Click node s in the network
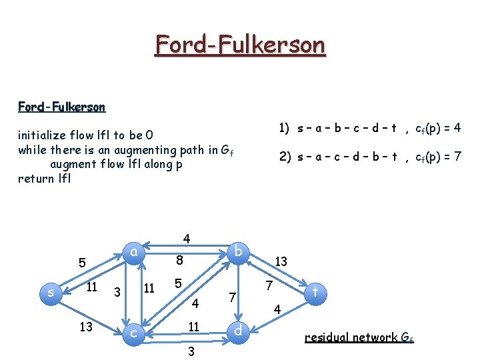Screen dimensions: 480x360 (x=50, y=292)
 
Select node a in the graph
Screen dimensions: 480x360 (x=134, y=252)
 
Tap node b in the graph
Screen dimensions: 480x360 (x=239, y=251)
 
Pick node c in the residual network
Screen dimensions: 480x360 (x=134, y=331)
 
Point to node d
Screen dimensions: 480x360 (x=239, y=331)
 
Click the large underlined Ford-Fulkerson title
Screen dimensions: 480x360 (x=240, y=45)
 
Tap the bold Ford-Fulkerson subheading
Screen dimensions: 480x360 (x=61, y=107)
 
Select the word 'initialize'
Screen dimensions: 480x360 (x=43, y=136)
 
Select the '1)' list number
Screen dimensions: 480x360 (x=284, y=127)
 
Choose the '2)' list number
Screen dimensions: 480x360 (x=284, y=157)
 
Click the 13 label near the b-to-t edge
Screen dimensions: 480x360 (x=281, y=262)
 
